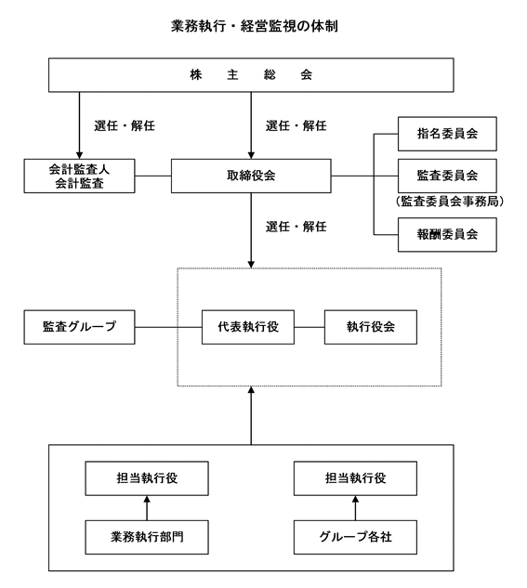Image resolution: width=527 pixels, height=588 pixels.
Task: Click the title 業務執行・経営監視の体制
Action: [255, 26]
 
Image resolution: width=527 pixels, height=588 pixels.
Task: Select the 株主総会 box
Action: [251, 75]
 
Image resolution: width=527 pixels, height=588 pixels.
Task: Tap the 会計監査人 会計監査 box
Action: [79, 176]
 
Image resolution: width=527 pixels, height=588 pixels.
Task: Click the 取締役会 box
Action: [251, 176]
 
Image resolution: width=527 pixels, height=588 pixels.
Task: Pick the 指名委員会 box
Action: [447, 134]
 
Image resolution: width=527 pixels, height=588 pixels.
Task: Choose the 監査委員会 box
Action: [447, 176]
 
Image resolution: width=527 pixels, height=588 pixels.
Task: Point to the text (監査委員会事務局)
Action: [449, 202]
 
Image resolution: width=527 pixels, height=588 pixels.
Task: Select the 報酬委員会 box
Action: [447, 235]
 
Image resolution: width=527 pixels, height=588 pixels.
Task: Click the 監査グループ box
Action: [79, 327]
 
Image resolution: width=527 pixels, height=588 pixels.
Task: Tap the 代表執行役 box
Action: [248, 327]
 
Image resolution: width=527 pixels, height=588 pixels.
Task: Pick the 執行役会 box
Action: [371, 327]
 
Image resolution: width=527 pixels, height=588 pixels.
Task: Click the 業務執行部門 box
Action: [147, 538]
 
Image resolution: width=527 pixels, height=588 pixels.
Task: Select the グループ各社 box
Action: [355, 538]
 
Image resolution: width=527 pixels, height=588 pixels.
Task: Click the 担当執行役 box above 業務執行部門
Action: [147, 478]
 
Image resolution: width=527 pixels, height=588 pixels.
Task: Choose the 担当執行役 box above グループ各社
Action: [355, 478]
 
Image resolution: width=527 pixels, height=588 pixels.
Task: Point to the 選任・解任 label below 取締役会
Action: [296, 227]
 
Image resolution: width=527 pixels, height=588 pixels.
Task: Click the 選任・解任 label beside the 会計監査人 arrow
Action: [125, 126]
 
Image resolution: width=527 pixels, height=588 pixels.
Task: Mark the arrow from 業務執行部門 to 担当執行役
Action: [147, 508]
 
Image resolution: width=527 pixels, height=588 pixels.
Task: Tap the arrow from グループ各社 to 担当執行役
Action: [355, 508]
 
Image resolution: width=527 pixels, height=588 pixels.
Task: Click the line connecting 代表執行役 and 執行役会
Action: [310, 327]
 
